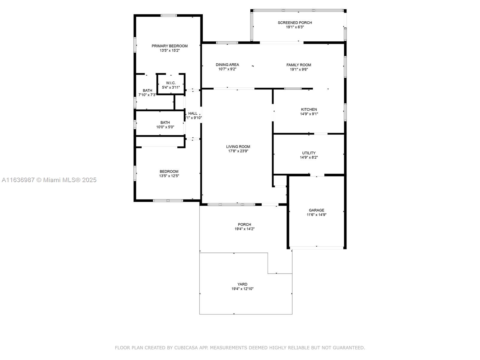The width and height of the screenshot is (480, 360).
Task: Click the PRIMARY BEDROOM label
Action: pyautogui.click(x=169, y=46)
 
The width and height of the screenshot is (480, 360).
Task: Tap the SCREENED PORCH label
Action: pyautogui.click(x=295, y=23)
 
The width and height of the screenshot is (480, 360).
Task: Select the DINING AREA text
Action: pyautogui.click(x=227, y=65)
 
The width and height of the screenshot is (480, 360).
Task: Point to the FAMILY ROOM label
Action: pyautogui.click(x=299, y=65)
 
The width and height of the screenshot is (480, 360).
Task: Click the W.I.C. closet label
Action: pyautogui.click(x=171, y=83)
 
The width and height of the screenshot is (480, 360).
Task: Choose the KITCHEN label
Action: pyautogui.click(x=309, y=109)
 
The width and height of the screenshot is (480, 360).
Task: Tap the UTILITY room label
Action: pyautogui.click(x=309, y=153)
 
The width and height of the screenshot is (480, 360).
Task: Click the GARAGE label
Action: pyautogui.click(x=316, y=210)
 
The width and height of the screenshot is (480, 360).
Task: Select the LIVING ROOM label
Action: pyautogui.click(x=238, y=147)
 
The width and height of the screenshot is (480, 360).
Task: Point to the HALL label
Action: pyautogui.click(x=193, y=113)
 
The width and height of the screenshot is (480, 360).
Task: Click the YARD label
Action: pyautogui.click(x=242, y=284)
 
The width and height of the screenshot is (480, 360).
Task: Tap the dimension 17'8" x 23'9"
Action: pyautogui.click(x=238, y=151)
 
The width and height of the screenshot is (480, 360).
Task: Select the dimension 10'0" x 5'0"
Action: pyautogui.click(x=165, y=127)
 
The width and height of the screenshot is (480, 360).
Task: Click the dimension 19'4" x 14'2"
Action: pyautogui.click(x=244, y=229)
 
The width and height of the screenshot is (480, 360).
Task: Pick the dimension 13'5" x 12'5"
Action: pyautogui.click(x=169, y=176)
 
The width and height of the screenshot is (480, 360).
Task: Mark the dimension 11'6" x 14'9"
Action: pyautogui.click(x=316, y=214)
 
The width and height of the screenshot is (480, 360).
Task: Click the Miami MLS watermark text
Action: pyautogui.click(x=49, y=180)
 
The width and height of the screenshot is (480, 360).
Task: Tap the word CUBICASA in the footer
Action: pyautogui.click(x=186, y=348)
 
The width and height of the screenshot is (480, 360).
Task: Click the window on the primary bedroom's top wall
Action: pyautogui.click(x=169, y=16)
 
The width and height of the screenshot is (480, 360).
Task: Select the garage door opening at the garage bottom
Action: pyautogui.click(x=316, y=248)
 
